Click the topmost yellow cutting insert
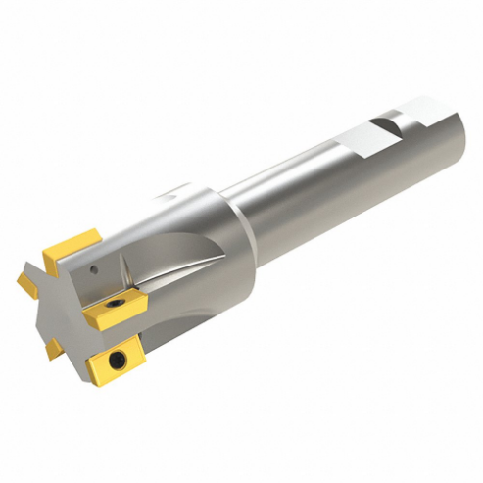click(x=76, y=244)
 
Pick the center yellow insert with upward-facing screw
click(x=113, y=313)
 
